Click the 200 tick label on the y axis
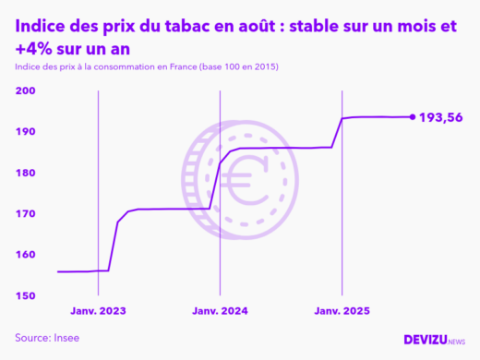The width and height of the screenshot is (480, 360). (25, 91)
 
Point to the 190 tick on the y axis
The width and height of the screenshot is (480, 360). (25, 132)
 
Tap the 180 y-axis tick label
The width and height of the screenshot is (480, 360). (25, 173)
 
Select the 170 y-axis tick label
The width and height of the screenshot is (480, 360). (25, 214)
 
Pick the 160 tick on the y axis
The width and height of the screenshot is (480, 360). (25, 255)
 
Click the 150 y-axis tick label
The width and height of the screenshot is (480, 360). (25, 295)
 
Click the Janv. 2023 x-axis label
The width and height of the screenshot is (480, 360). (98, 312)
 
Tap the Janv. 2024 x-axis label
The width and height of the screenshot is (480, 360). (220, 312)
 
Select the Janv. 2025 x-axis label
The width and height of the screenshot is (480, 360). (342, 312)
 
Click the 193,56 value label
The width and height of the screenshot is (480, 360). (441, 117)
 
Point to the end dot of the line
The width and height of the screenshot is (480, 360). (412, 116)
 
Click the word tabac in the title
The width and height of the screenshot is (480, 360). (170, 28)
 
